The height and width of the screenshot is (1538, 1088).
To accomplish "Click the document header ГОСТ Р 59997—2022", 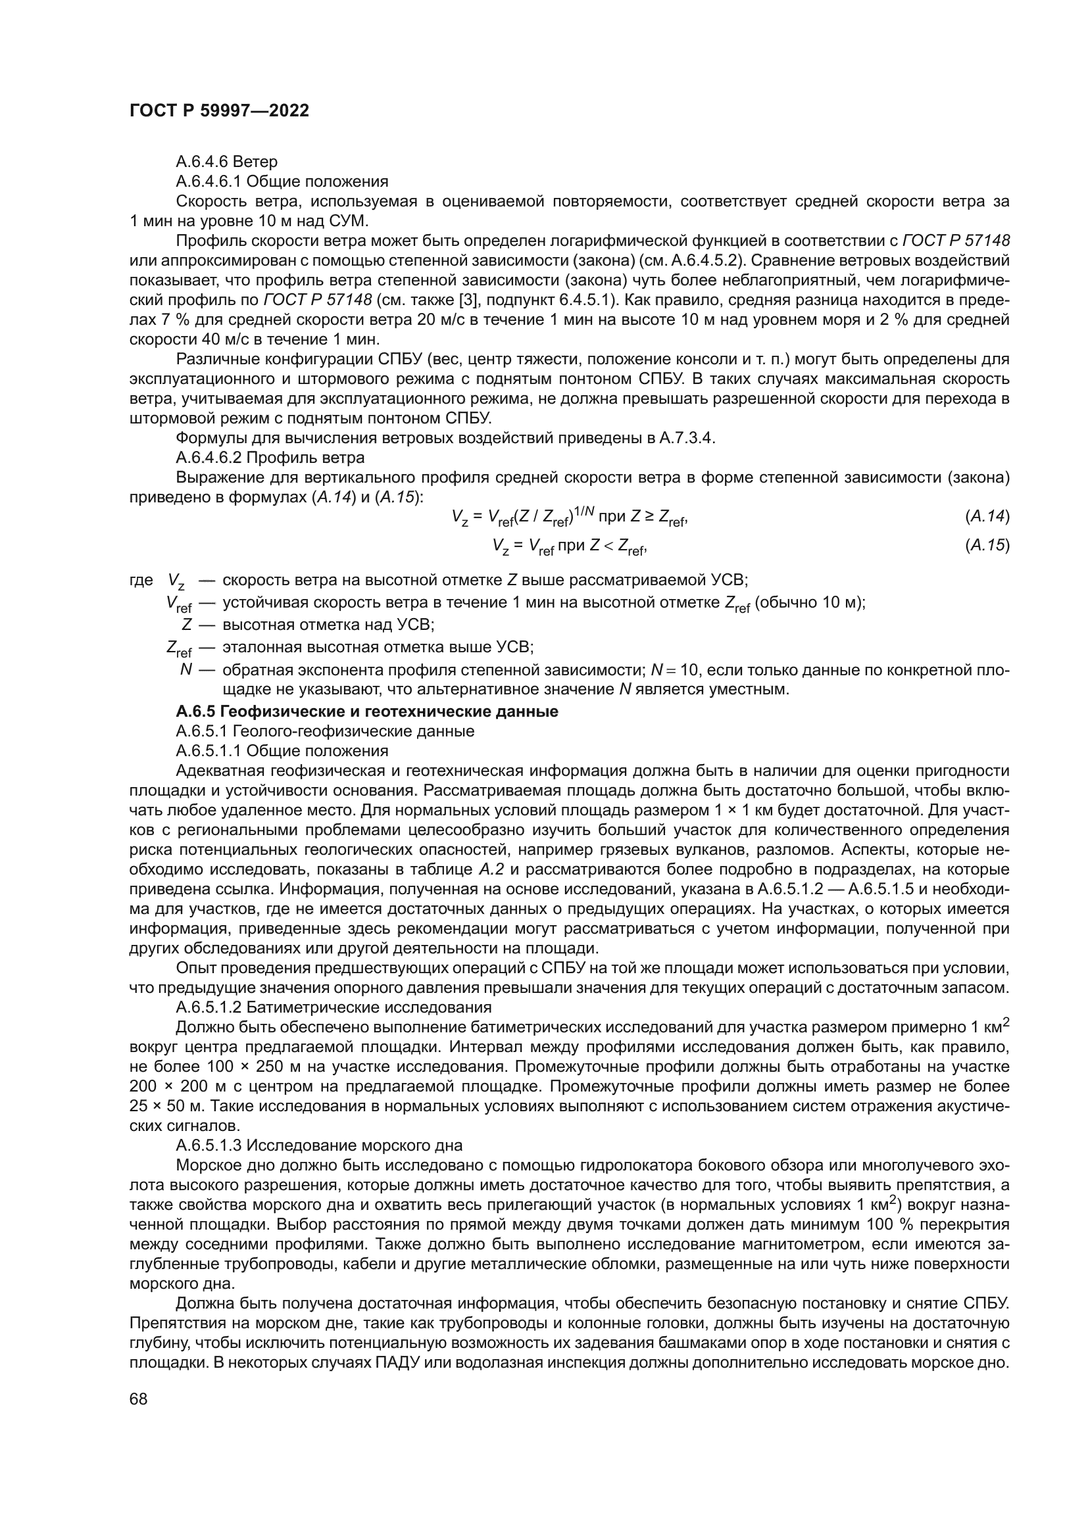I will pos(219,111).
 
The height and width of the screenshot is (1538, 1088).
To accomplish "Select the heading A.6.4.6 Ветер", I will pos(226,162).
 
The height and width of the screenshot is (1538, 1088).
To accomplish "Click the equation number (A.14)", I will pos(987,516).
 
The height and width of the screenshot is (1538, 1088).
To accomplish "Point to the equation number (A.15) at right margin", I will pos(987,545).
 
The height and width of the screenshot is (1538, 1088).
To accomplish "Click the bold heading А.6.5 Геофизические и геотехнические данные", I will pos(366,711).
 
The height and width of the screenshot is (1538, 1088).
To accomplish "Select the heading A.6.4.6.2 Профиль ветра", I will pos(270,458).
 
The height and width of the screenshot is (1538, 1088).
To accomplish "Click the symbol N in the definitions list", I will pos(186,669).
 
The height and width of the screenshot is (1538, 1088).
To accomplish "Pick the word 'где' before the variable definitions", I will pos(141,579).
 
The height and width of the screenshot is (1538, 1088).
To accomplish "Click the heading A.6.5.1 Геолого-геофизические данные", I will pos(325,731).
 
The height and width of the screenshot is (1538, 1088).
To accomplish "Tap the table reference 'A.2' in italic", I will pos(487,870).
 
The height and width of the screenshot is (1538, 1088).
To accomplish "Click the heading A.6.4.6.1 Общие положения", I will pos(282,181).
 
